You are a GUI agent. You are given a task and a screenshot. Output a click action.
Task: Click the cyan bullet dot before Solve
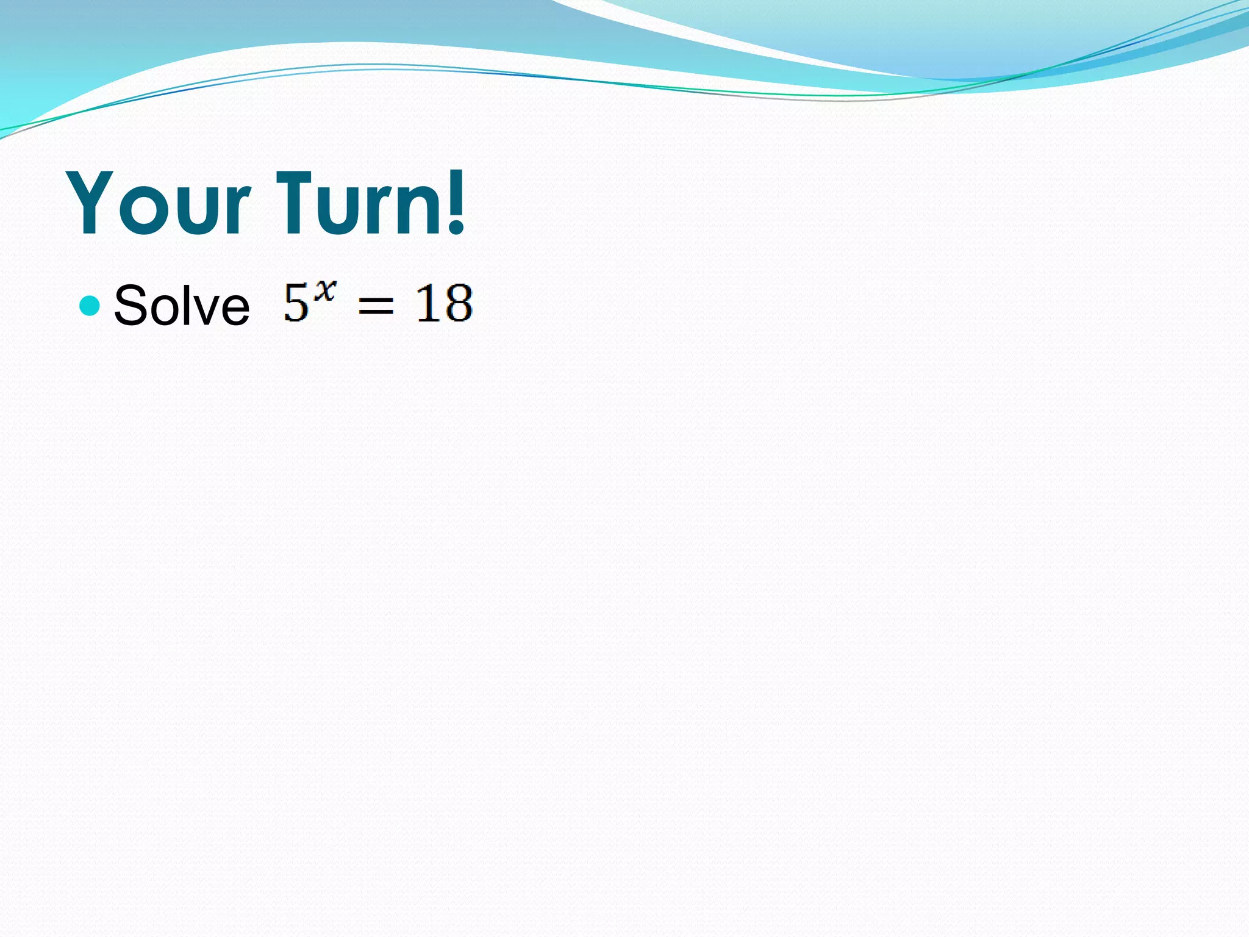click(90, 305)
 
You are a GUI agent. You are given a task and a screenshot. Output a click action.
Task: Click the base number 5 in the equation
click(296, 303)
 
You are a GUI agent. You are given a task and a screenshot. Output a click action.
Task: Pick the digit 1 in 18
click(427, 303)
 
